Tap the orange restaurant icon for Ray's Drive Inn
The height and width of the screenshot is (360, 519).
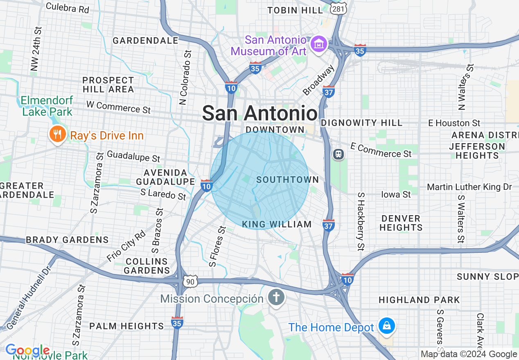tap(57, 135)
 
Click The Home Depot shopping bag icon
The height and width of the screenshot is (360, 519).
tap(386, 326)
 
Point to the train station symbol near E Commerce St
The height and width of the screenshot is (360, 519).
tap(338, 154)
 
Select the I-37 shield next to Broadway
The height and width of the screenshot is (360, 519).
tap(329, 91)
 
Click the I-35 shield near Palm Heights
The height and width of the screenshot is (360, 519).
tap(177, 322)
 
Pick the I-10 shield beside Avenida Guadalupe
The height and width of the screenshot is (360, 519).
tap(206, 185)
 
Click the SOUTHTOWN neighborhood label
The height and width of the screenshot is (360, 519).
tap(287, 180)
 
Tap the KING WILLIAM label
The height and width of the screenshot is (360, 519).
tap(277, 224)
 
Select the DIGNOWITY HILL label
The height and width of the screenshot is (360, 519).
tap(361, 123)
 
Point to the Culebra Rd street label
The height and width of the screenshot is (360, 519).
tap(68, 8)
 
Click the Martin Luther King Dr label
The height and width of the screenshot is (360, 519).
tap(469, 187)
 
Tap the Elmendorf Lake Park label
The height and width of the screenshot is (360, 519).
tap(47, 106)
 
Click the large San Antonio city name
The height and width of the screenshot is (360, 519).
tap(260, 113)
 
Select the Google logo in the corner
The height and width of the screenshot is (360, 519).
tap(27, 351)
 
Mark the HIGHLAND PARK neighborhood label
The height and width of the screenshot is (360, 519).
tap(419, 300)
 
